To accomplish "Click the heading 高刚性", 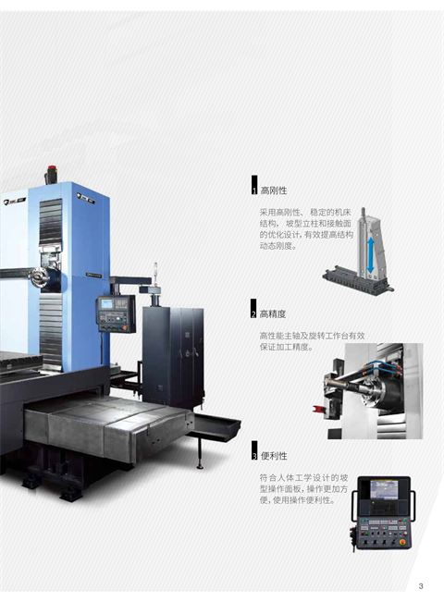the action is pyautogui.click(x=274, y=190).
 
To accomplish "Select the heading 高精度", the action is pyautogui.click(x=273, y=314).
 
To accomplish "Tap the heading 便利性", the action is pyautogui.click(x=274, y=456).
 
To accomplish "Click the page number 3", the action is pyautogui.click(x=421, y=586).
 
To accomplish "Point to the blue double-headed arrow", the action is pyautogui.click(x=371, y=254).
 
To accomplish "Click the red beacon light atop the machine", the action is pyautogui.click(x=51, y=169).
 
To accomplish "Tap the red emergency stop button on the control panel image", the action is pyautogui.click(x=403, y=542).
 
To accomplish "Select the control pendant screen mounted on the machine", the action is pyautogui.click(x=106, y=304).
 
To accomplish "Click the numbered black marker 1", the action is pyautogui.click(x=254, y=185).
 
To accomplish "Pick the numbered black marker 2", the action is pyautogui.click(x=253, y=308).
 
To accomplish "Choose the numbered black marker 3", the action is pyautogui.click(x=254, y=450).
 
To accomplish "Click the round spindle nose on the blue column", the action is pyautogui.click(x=39, y=277).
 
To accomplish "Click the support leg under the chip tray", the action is pyautogui.click(x=200, y=454).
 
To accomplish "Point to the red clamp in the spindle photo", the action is pyautogui.click(x=319, y=410).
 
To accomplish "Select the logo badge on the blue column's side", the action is pyautogui.click(x=85, y=199).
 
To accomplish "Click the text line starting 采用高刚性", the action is pyautogui.click(x=305, y=213).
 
